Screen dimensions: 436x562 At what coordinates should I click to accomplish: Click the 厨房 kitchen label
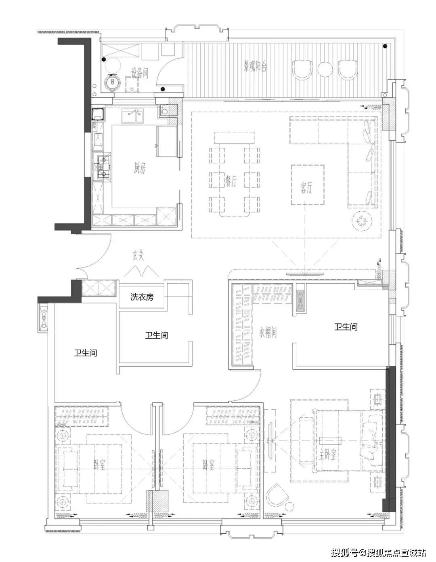140,168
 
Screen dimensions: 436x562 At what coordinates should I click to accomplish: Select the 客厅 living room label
306,187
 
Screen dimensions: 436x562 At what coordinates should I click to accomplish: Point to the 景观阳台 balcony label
255,66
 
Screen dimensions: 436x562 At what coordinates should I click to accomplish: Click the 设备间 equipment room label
140,73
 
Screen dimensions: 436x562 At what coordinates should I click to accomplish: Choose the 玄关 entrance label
138,255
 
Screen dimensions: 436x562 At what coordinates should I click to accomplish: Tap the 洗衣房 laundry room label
142,297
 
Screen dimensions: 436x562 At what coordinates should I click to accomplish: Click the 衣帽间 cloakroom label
268,332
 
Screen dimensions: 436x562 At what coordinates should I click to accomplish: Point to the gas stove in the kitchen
104,167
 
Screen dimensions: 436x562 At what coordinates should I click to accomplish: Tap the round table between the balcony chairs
325,69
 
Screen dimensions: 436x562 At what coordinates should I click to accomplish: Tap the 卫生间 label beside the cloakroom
346,327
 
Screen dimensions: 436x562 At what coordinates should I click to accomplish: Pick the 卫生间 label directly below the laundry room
157,335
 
